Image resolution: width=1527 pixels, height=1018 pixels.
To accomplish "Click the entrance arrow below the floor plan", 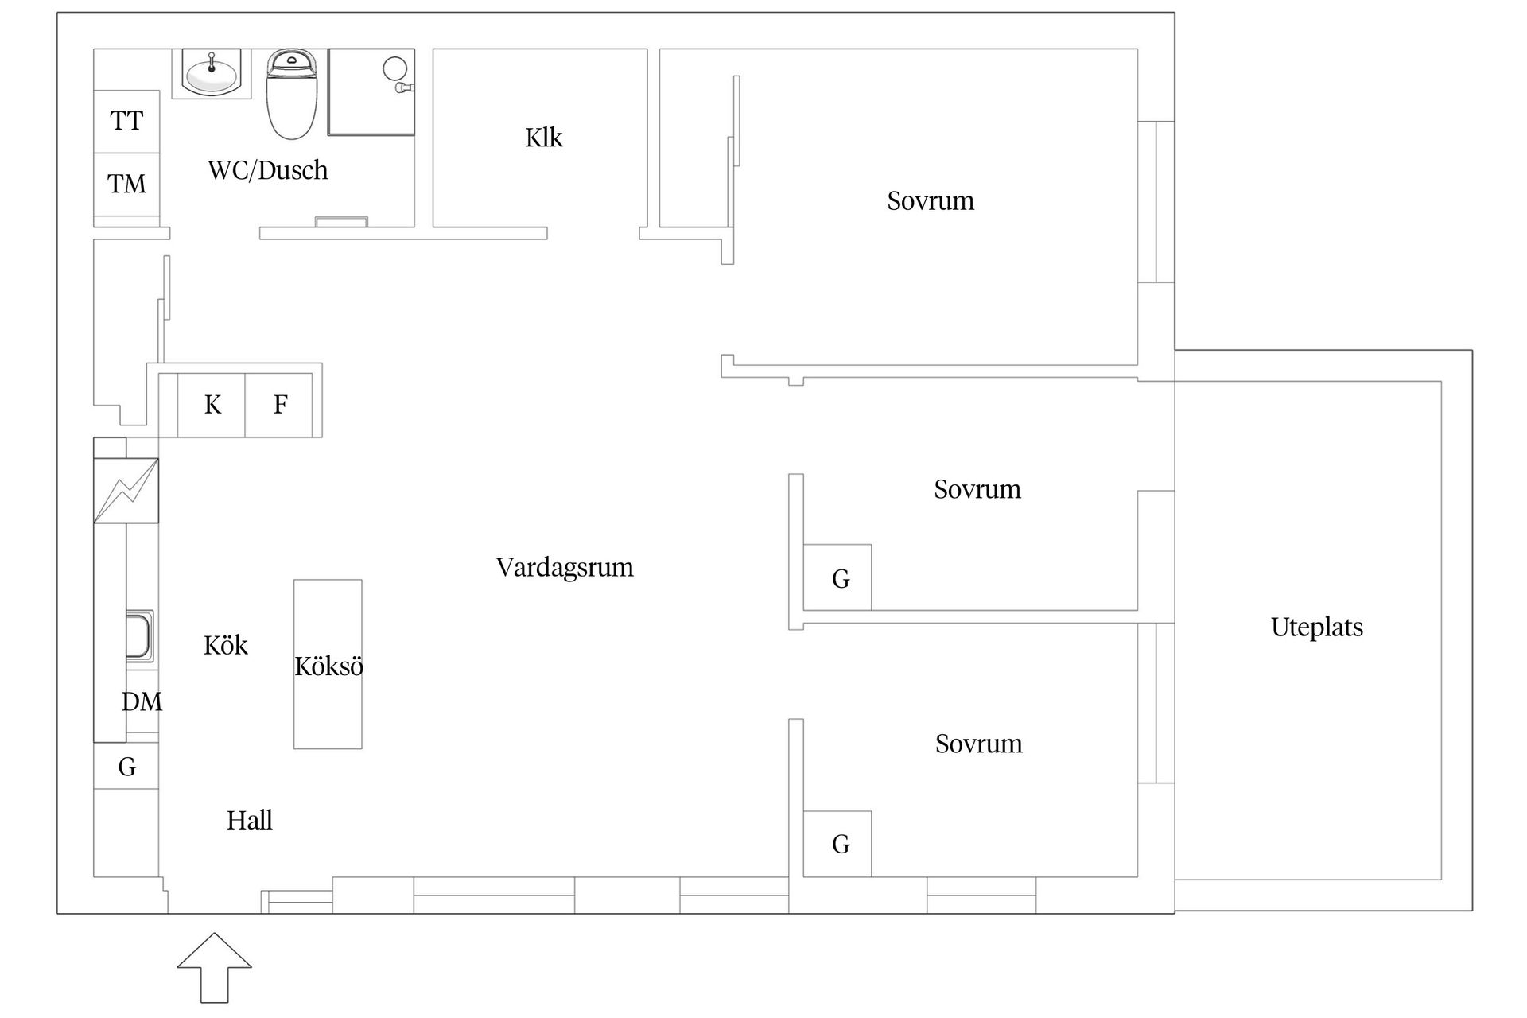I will pos(214,967).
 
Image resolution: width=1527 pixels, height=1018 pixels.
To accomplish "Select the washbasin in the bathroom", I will pos(212,73).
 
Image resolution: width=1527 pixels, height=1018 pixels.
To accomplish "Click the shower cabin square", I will pos(371,91).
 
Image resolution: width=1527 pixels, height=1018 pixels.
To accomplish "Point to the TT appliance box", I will pos(126,121).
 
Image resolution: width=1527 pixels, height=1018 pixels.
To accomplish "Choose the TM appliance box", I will pos(126,185).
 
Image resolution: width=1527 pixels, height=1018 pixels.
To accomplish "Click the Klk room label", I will pos(544,138).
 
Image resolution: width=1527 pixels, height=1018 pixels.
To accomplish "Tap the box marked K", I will pos(212,405).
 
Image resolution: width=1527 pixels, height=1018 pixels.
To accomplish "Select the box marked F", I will pos(280,405).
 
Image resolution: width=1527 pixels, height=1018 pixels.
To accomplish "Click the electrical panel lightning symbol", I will pos(126,491).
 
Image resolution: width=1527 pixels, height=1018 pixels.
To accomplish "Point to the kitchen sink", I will pos(139,635).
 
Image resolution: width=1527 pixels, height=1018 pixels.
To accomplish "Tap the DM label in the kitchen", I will pos(142,701).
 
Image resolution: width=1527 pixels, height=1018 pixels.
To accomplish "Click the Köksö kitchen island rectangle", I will pos(328,665).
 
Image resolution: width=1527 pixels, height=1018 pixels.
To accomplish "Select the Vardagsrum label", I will pos(565,567).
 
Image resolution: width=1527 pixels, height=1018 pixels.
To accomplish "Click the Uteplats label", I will pos(1316,627).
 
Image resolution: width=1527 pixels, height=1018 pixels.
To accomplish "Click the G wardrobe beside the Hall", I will pos(126,767).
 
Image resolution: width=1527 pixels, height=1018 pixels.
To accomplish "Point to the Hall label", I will pos(249,820).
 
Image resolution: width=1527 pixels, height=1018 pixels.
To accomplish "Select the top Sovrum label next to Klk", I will pos(930,200).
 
